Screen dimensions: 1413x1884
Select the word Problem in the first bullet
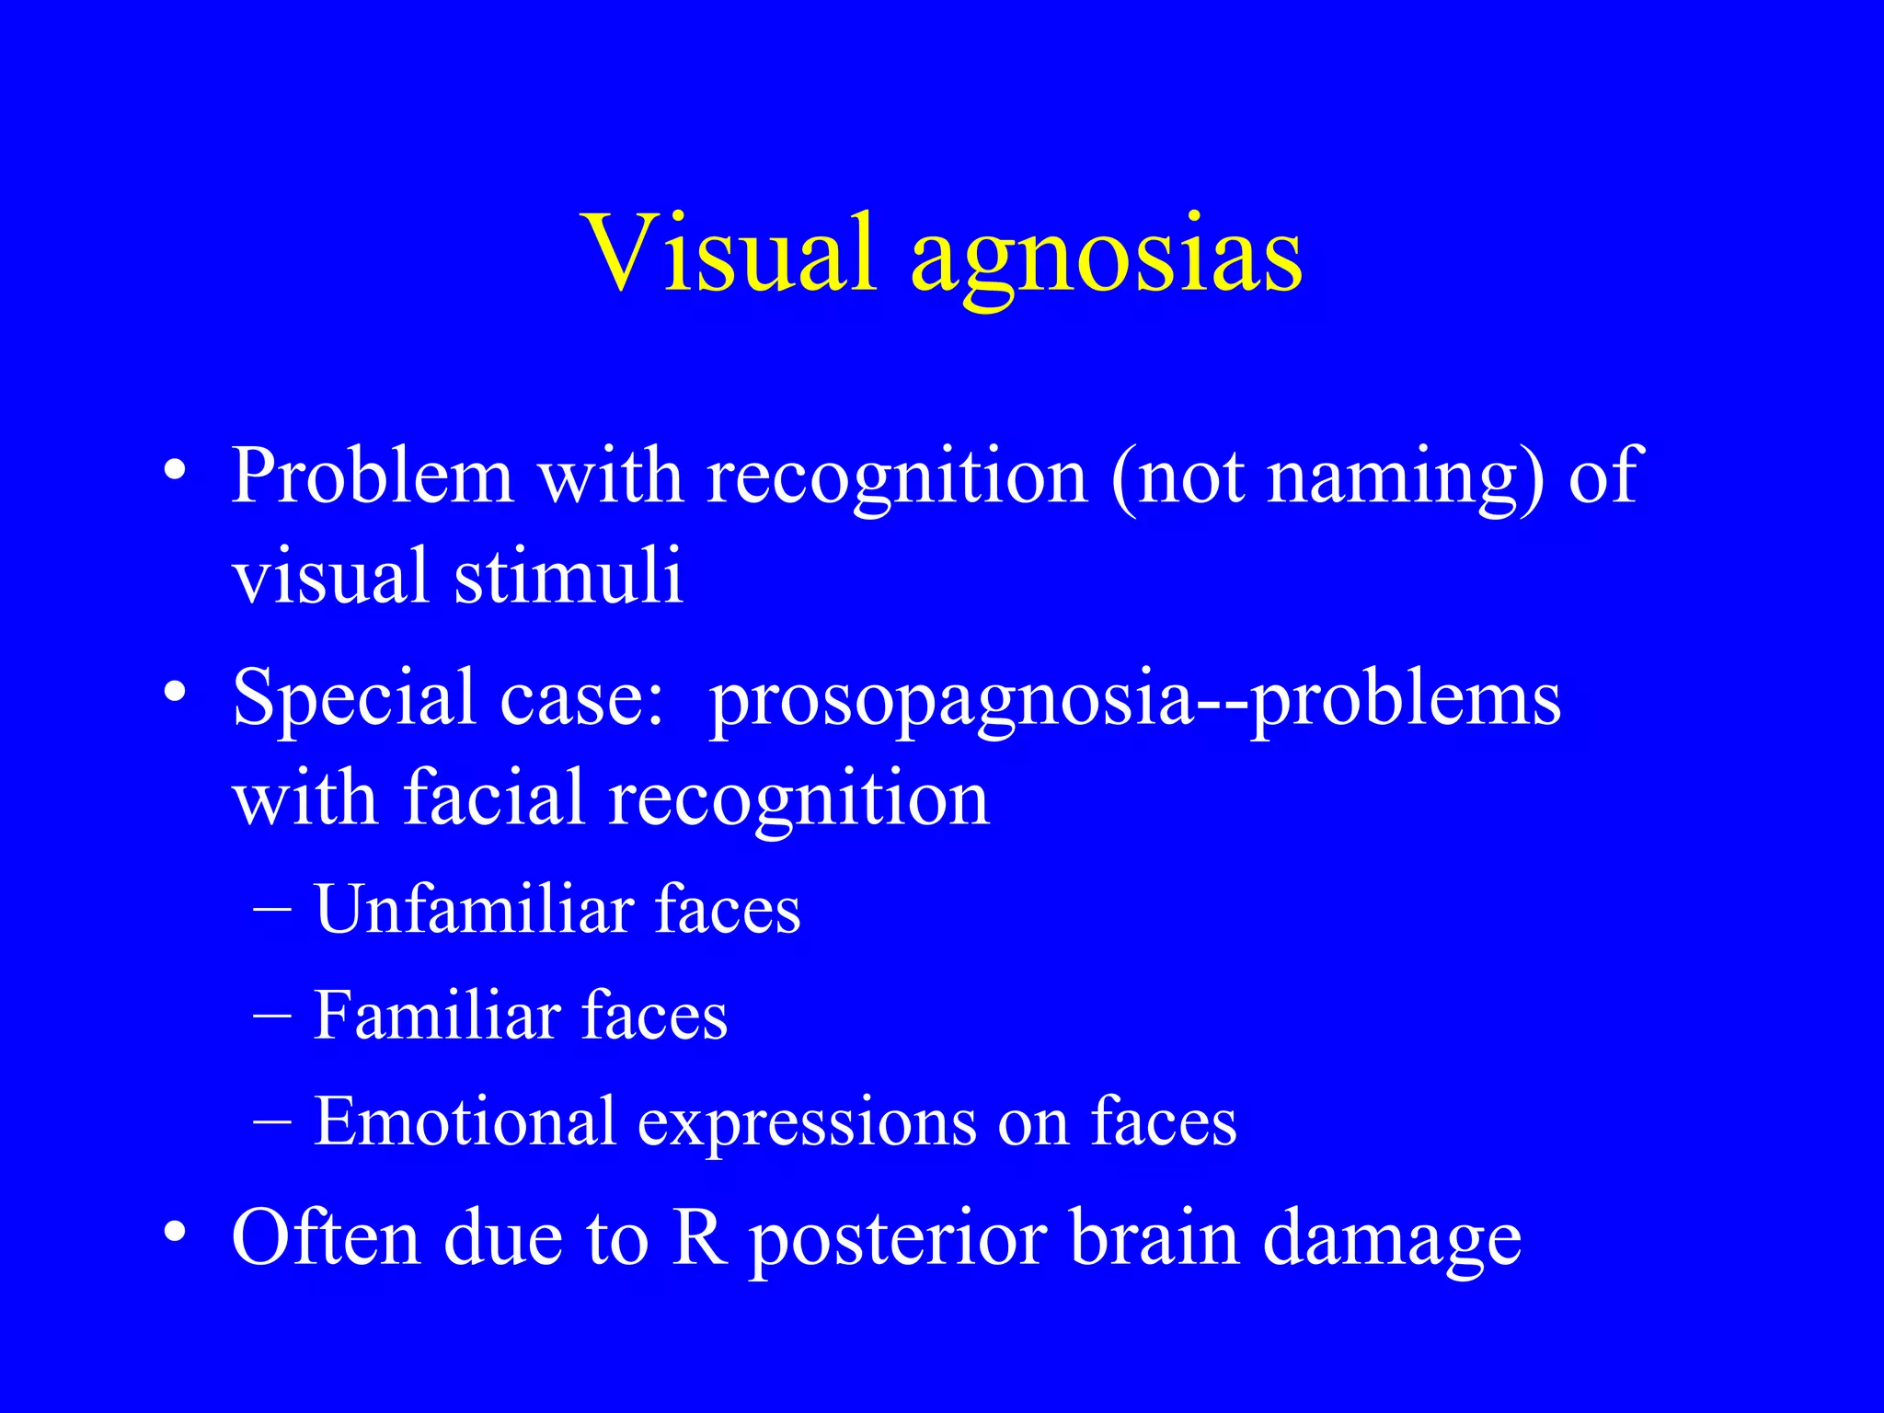(372, 477)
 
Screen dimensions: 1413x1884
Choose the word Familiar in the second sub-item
(437, 1016)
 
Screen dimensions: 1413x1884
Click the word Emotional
(465, 1121)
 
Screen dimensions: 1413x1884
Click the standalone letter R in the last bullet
(698, 1238)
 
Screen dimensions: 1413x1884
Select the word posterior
(898, 1242)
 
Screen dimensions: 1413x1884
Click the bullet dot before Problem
(175, 471)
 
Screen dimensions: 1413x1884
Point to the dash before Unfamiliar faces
(271, 909)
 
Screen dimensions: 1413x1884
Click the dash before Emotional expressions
(271, 1120)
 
